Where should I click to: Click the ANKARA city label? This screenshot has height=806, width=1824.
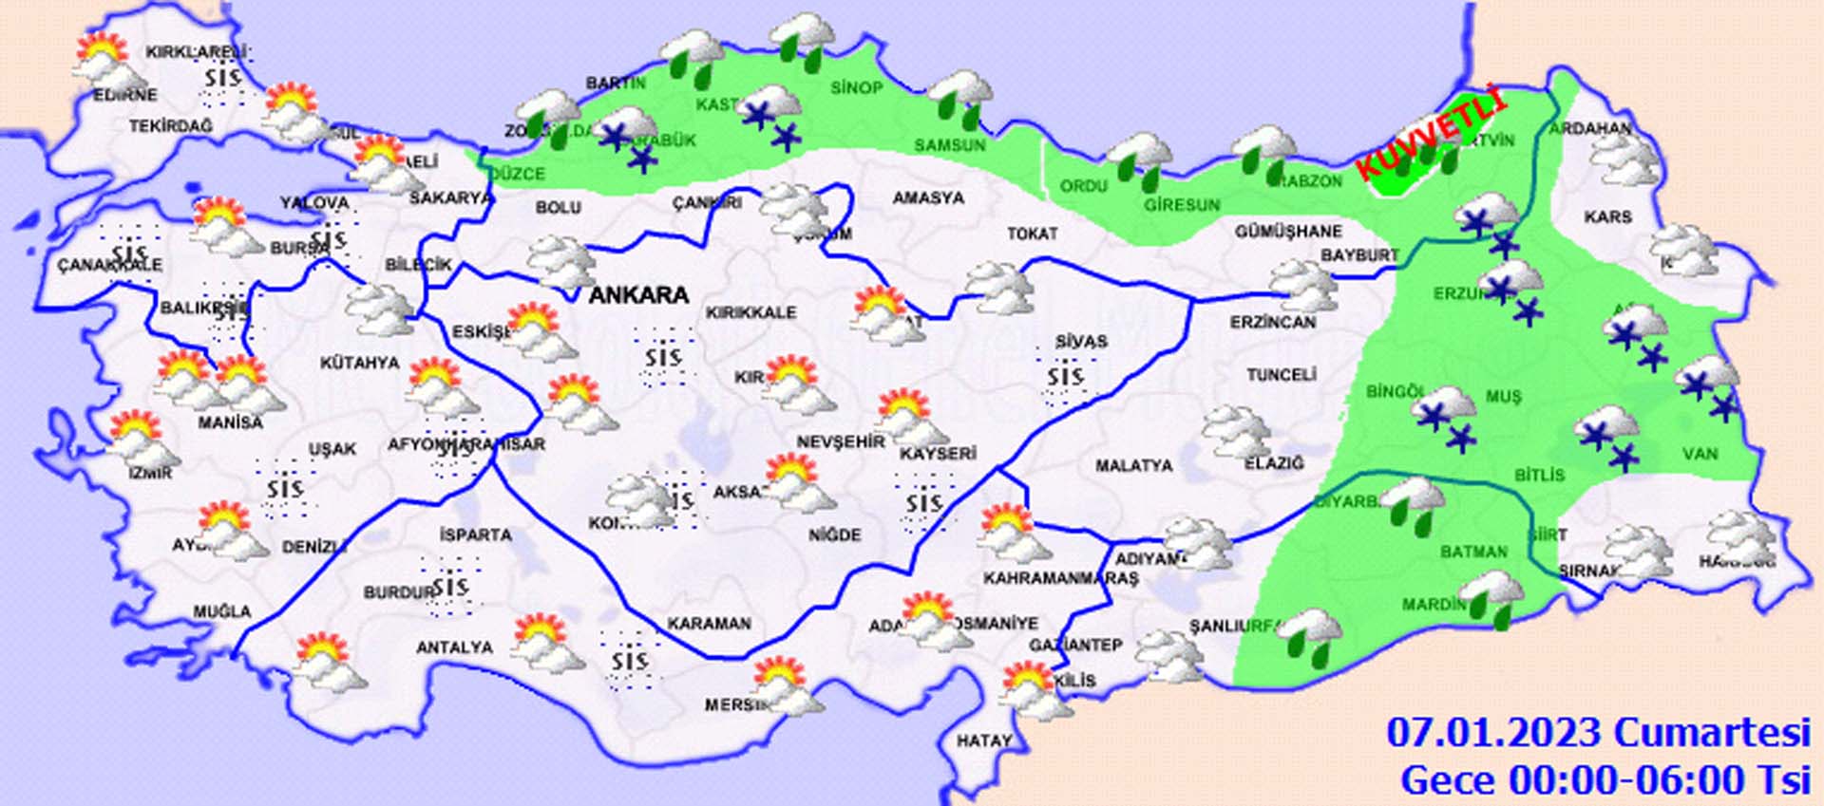point(638,295)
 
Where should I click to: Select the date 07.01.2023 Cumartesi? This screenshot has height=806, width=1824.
point(1598,733)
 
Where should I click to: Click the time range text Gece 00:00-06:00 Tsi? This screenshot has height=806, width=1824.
point(1605,780)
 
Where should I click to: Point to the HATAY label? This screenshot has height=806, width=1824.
point(983,740)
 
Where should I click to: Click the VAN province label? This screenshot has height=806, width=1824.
point(1700,454)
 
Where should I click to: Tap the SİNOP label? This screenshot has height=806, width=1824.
point(856,88)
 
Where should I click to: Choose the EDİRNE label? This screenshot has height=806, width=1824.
point(125,95)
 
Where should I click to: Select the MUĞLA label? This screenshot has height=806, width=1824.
point(222,611)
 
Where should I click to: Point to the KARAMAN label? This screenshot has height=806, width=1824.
point(709,624)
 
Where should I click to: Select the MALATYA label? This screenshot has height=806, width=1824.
point(1133,466)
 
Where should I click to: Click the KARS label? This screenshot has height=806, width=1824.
point(1607,217)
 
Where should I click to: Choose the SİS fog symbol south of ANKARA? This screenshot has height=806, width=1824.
point(663,358)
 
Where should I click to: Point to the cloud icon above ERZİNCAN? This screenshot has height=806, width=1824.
point(1303,286)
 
